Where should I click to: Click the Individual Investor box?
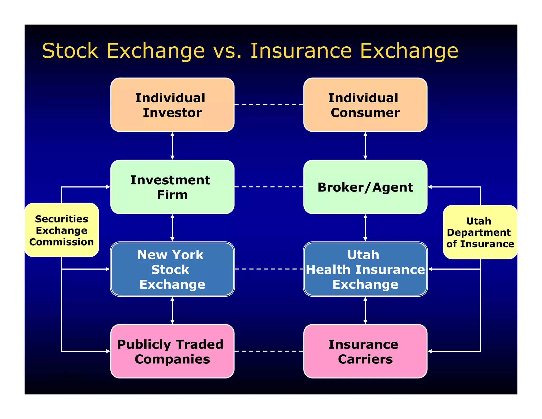pos(172,105)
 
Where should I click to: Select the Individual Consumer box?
pos(365,105)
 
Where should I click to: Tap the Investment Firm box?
pos(172,187)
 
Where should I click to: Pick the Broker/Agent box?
pos(365,187)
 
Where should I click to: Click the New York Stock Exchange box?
pos(172,269)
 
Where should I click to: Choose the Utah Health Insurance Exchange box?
pos(365,269)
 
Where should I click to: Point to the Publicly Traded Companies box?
pos(172,351)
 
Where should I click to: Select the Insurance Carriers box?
pos(365,351)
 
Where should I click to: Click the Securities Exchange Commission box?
pos(62,230)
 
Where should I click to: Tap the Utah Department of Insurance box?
pos(480,232)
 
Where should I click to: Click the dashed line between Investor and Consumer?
pos(269,105)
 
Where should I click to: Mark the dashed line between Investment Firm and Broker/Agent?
pos(269,187)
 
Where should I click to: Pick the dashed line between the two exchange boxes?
pos(269,269)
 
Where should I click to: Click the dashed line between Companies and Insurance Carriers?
pos(269,351)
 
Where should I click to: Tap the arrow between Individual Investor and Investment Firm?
pos(172,146)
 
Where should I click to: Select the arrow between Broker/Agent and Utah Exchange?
pos(365,228)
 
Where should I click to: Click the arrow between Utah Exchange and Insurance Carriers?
pos(365,310)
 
